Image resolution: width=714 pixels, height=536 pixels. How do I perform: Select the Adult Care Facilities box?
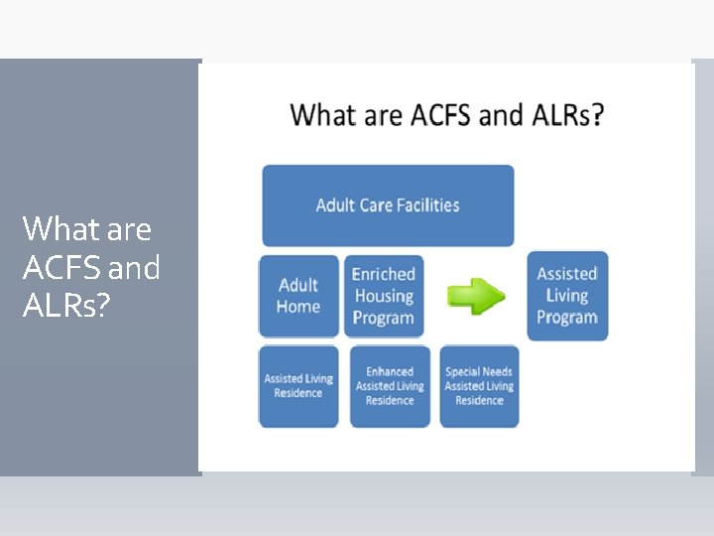click(x=388, y=205)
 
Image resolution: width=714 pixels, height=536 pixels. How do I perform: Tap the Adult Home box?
click(x=298, y=296)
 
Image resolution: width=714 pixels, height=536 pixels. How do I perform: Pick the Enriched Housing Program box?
click(x=384, y=296)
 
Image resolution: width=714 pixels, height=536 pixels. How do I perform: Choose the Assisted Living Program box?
click(x=567, y=296)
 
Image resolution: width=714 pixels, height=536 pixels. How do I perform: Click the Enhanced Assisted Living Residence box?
click(x=390, y=386)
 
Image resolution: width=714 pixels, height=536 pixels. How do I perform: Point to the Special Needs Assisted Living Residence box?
click(x=479, y=386)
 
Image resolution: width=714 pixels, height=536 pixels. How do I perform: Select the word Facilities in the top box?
click(x=423, y=205)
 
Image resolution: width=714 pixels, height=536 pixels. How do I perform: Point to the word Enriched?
click(x=384, y=274)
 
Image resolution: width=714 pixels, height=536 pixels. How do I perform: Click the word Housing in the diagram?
click(x=384, y=296)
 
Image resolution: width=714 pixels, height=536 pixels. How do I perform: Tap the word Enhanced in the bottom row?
click(x=390, y=372)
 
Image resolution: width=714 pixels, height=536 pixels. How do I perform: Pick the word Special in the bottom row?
click(x=461, y=372)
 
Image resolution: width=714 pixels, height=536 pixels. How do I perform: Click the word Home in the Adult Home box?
click(x=298, y=307)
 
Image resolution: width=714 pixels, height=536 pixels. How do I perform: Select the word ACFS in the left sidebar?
click(x=61, y=267)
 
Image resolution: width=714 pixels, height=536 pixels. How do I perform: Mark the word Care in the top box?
click(x=379, y=205)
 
